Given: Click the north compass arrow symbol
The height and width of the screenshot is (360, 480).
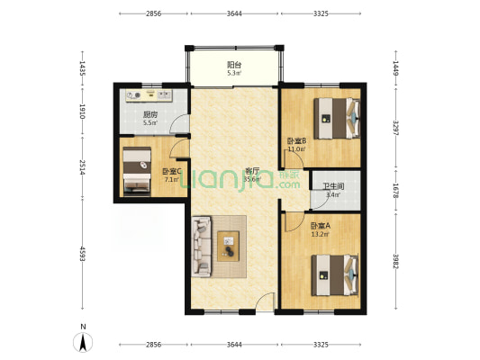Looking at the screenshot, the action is (83, 342).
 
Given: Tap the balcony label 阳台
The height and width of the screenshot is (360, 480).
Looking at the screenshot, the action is (234, 65).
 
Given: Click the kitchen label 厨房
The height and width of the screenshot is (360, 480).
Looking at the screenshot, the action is (150, 115).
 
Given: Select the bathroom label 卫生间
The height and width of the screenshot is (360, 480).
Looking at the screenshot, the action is (333, 186).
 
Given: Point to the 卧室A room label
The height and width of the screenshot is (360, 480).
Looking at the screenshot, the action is (321, 226).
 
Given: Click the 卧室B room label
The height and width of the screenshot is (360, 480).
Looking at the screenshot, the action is (296, 141).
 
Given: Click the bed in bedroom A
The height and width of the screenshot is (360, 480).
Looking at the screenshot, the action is (335, 275).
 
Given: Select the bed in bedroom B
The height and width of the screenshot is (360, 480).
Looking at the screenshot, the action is (337, 118).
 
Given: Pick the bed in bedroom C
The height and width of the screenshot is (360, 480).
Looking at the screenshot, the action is (137, 170).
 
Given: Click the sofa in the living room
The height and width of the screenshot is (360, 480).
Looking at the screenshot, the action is (202, 247).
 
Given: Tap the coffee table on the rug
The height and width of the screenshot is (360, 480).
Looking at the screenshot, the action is (228, 247).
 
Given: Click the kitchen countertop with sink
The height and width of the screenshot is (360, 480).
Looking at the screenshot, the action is (149, 95).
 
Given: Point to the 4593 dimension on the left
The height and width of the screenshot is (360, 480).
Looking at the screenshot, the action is (82, 254).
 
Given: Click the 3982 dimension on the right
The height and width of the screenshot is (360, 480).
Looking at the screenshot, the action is (396, 261).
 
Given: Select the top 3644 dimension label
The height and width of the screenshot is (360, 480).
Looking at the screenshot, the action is (234, 13).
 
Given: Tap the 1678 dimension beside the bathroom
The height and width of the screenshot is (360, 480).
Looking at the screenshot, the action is (396, 191).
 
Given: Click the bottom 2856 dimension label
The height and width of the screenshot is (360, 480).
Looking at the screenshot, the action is (153, 345).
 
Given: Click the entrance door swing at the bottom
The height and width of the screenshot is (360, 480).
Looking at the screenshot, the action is (265, 301).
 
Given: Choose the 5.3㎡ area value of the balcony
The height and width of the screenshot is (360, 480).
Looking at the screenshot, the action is (234, 73).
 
